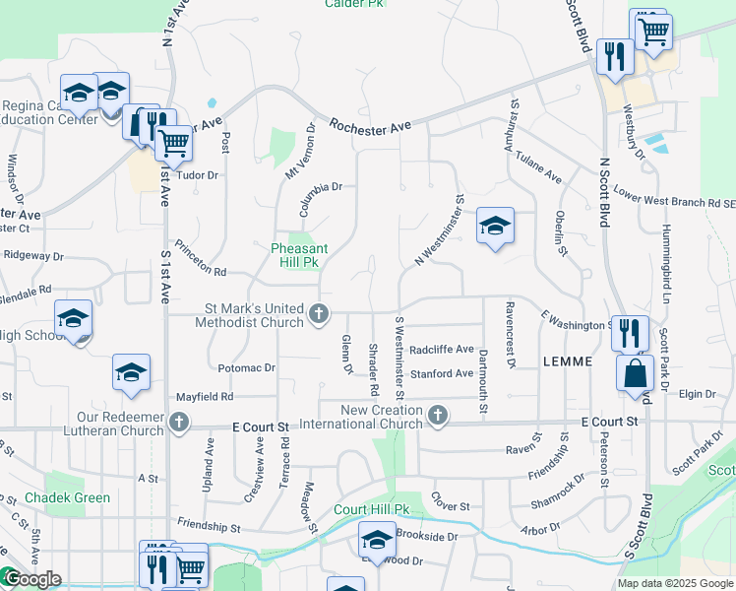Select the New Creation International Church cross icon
(x=438, y=417)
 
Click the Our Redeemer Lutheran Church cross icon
(x=178, y=423)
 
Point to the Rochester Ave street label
(x=369, y=126)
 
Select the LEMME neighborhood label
(x=567, y=361)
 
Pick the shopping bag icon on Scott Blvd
(x=636, y=373)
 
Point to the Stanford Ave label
(x=442, y=374)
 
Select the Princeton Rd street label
(x=201, y=258)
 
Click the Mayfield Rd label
(x=205, y=397)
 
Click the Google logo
(x=31, y=579)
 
